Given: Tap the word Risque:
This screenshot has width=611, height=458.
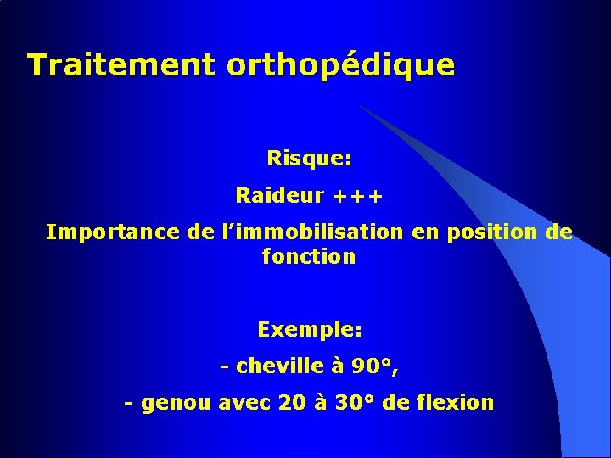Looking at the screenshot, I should pos(310,159).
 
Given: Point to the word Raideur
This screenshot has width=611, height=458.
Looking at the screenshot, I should pos(280,196).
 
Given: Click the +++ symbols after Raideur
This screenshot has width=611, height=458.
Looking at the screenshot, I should pos(357,197).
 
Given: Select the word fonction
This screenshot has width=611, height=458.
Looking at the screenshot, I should pos(310,256).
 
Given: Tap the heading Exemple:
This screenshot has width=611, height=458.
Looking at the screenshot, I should pos(310,329).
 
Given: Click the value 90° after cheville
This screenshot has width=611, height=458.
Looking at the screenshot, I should pos(374,366).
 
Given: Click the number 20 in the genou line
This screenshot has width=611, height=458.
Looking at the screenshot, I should pos(291,403).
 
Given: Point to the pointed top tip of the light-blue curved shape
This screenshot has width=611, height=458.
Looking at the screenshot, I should pos(360,106).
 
